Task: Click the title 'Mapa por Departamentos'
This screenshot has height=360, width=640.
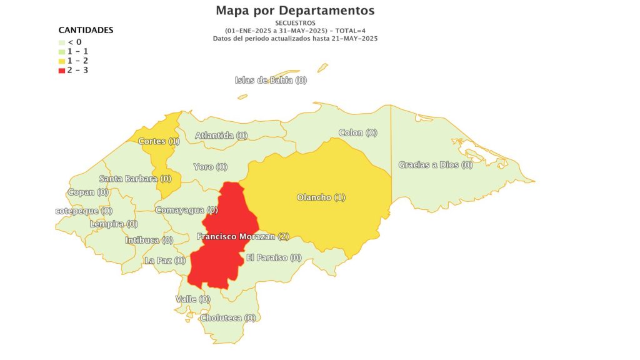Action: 295,11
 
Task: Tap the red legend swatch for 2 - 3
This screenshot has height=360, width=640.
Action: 61,70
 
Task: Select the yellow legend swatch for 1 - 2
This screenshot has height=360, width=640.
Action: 61,61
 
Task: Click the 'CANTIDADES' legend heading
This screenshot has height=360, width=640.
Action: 86,30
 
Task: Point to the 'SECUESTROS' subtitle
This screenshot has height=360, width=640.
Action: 295,22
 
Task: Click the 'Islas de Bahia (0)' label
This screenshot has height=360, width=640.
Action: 271,80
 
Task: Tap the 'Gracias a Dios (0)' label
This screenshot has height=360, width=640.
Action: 436,165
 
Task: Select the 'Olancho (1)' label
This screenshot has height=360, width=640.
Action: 321,197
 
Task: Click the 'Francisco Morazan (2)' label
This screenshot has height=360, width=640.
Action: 242,236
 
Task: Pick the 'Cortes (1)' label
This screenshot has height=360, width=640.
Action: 159,141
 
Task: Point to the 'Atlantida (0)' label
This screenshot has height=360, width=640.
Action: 221,135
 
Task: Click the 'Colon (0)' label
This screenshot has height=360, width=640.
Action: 357,132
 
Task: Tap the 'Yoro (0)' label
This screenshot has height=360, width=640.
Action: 210,167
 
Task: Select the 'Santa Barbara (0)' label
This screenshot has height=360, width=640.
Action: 135,178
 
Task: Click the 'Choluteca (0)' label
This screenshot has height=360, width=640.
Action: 228,317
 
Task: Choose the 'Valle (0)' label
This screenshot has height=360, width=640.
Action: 192,299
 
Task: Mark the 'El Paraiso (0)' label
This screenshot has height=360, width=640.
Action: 274,257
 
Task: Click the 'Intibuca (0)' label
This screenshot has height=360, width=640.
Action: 149,240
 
